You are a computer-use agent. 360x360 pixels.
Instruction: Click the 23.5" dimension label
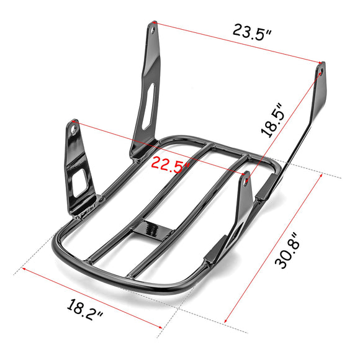point(252,32)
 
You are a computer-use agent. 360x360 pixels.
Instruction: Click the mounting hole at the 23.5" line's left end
point(153,27)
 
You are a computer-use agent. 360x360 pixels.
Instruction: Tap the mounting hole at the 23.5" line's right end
point(320,72)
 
